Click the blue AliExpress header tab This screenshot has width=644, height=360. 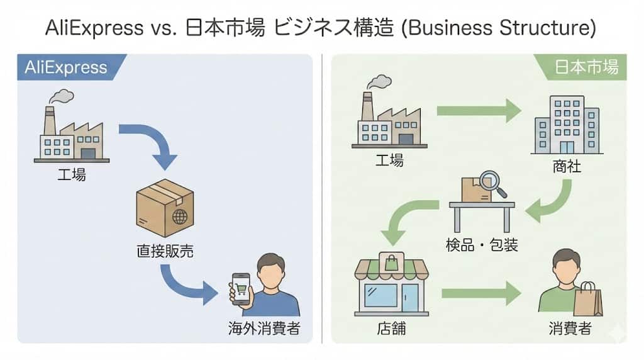pyautogui.click(x=67, y=67)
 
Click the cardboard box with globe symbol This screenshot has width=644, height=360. pyautogui.click(x=165, y=207)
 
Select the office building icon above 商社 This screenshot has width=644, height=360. pyautogui.click(x=565, y=125)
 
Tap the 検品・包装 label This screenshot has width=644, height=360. pyautogui.click(x=482, y=244)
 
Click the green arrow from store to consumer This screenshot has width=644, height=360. pyautogui.click(x=481, y=293)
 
